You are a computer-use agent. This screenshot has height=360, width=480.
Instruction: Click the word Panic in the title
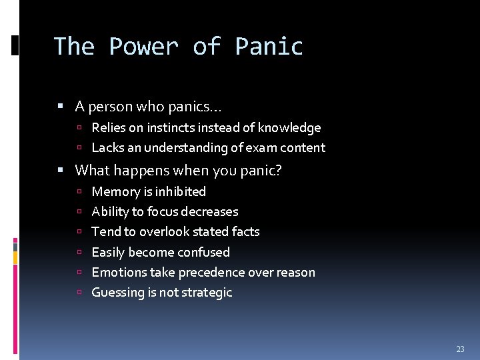[x=269, y=47]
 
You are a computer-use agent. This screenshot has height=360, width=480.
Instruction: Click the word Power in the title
[x=143, y=47]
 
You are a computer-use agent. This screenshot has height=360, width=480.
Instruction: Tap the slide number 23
[x=460, y=349]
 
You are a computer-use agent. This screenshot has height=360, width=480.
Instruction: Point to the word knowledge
[x=289, y=127]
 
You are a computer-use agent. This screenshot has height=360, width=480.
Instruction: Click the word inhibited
[x=181, y=191]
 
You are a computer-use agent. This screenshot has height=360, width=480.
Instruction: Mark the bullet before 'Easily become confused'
[x=79, y=253]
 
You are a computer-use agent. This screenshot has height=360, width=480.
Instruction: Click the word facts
[x=245, y=231]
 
